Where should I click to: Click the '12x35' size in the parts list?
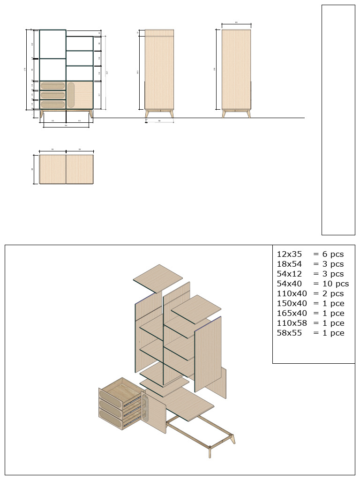287,254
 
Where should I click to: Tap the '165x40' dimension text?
292,313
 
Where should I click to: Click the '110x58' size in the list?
292,323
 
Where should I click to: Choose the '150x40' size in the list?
292,303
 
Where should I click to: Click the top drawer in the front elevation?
52,85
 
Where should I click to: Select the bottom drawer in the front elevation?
52,104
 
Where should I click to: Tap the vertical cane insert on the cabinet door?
71,95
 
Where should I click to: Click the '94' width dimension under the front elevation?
66,126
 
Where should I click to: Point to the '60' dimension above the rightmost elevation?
236,22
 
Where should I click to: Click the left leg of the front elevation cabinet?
42,113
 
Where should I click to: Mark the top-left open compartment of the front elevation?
52,44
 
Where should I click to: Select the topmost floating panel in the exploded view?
158,278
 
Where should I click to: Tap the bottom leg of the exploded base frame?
210,452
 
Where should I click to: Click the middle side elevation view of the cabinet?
159,70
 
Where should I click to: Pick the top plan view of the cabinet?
66,169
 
